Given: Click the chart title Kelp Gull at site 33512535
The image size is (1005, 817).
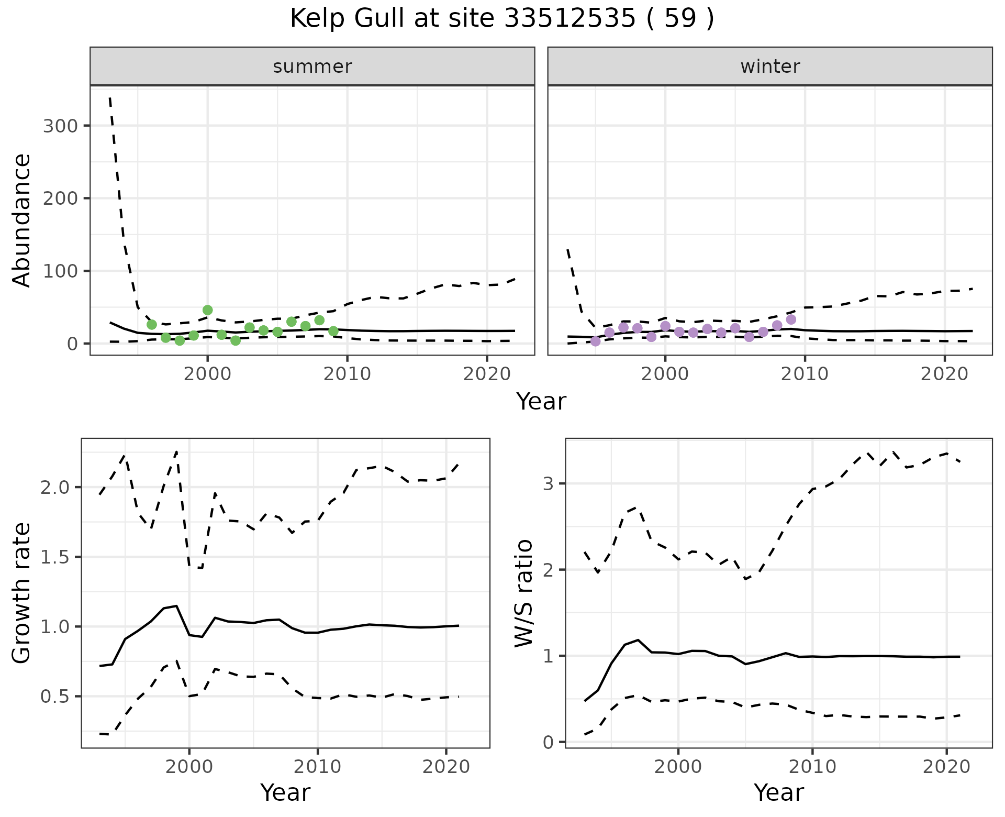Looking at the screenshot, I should point(501,19).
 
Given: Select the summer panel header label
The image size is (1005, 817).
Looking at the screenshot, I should point(312,67).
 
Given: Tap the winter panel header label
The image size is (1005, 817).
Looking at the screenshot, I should point(770,67).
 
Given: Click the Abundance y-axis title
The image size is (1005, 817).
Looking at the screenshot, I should point(22,220).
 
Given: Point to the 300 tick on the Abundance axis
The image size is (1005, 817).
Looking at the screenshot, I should point(59,126).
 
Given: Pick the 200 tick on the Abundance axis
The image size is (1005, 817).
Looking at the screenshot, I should point(59,198).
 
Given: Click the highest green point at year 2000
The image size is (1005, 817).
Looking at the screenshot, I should point(207,310).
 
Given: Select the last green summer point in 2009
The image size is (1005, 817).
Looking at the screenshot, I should point(333,331).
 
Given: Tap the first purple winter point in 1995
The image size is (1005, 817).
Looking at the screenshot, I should point(595,341).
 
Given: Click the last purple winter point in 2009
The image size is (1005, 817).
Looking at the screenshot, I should point(791,319).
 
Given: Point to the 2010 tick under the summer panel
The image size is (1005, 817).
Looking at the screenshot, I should point(347,374).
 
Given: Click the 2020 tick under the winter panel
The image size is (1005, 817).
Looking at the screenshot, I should point(945,374).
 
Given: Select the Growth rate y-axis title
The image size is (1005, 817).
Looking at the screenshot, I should point(22,593).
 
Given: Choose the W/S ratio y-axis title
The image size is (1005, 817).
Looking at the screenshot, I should point(524,593).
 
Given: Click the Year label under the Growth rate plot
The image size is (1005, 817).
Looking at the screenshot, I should point(285,792).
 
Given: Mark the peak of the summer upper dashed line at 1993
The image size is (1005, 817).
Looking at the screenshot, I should point(110,98).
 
